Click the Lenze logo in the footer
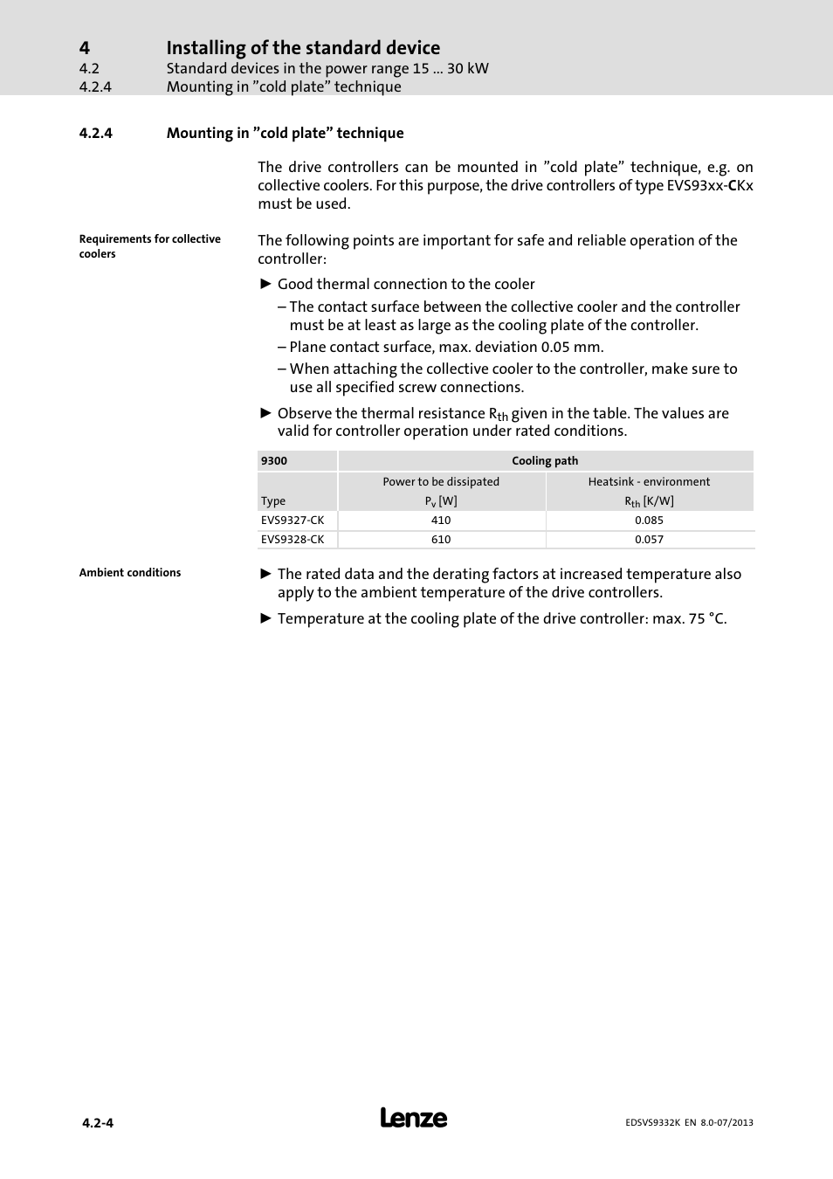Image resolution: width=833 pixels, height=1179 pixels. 414,1118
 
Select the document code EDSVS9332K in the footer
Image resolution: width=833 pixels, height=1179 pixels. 656,1123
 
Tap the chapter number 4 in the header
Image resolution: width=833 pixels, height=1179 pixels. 84,47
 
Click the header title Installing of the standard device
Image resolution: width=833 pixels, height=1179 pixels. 303,47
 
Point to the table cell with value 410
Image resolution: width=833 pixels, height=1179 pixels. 441,521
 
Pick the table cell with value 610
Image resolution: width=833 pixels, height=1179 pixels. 441,540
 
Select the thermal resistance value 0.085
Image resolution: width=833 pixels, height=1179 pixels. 649,521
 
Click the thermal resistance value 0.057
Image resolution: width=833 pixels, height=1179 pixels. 649,540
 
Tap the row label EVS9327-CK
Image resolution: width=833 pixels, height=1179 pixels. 293,521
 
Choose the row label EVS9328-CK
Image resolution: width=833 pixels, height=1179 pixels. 293,540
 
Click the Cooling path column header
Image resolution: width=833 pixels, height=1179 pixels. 545,461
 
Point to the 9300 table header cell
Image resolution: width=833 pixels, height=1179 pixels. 274,461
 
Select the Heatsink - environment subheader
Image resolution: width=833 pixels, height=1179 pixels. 649,482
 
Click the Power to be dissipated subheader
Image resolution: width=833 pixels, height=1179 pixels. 441,482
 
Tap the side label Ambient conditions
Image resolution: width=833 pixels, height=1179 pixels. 130,573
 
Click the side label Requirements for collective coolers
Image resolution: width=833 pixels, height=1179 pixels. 149,246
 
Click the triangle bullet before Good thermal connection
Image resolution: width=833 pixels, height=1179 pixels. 266,284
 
